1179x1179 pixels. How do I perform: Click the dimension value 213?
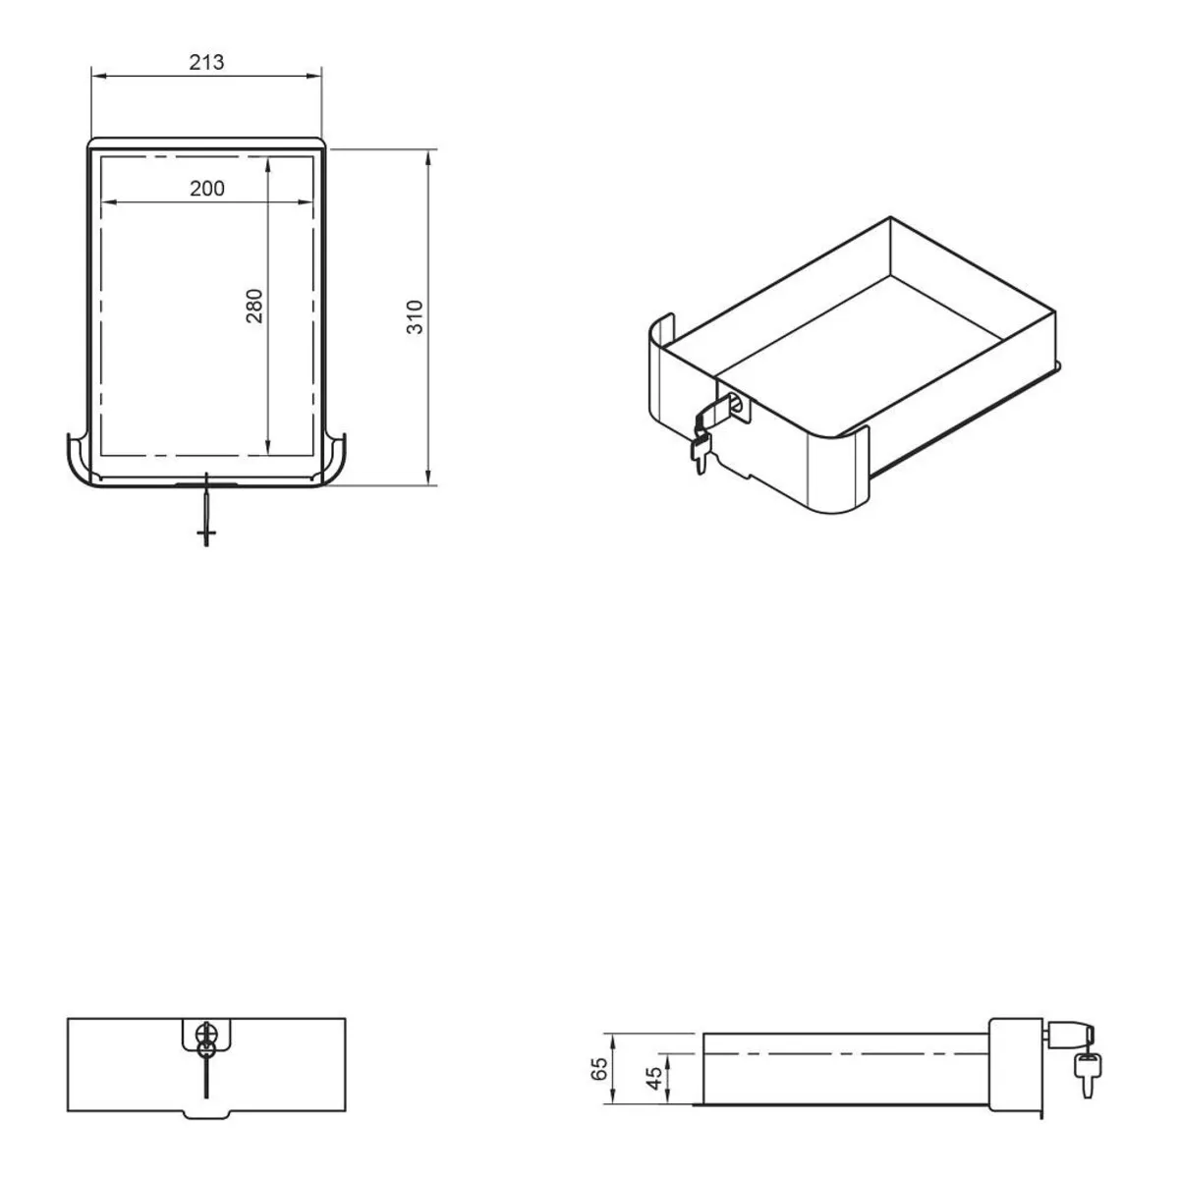[x=206, y=62]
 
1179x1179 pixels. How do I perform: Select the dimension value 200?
[x=206, y=189]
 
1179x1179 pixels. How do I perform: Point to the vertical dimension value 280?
[x=253, y=306]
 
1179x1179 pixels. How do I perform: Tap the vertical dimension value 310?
[x=415, y=317]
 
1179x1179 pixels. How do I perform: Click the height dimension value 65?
[x=599, y=1069]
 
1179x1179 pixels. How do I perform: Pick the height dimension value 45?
[x=654, y=1078]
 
